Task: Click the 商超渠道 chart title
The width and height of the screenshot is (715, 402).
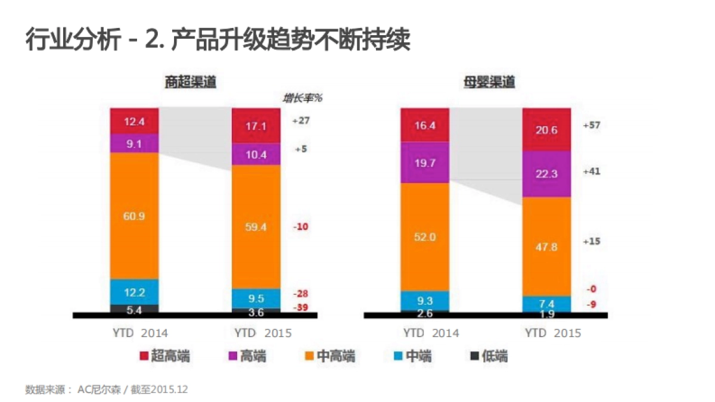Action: [x=191, y=82]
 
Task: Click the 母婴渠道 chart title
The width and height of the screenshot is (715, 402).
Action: [x=489, y=82]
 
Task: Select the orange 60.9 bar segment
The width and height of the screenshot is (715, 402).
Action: [x=134, y=216]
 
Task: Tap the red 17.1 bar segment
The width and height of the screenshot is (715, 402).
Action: [x=256, y=126]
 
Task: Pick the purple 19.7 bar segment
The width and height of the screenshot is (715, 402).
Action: [x=425, y=162]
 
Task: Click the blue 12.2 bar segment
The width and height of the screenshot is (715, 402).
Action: [x=134, y=292]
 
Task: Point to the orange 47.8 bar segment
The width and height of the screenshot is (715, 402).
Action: [x=546, y=246]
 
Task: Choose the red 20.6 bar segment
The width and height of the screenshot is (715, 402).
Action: [x=546, y=129]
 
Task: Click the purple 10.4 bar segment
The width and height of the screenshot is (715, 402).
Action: [x=256, y=154]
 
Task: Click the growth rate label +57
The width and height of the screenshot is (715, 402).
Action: [x=591, y=126]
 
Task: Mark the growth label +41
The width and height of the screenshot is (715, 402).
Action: [x=591, y=171]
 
